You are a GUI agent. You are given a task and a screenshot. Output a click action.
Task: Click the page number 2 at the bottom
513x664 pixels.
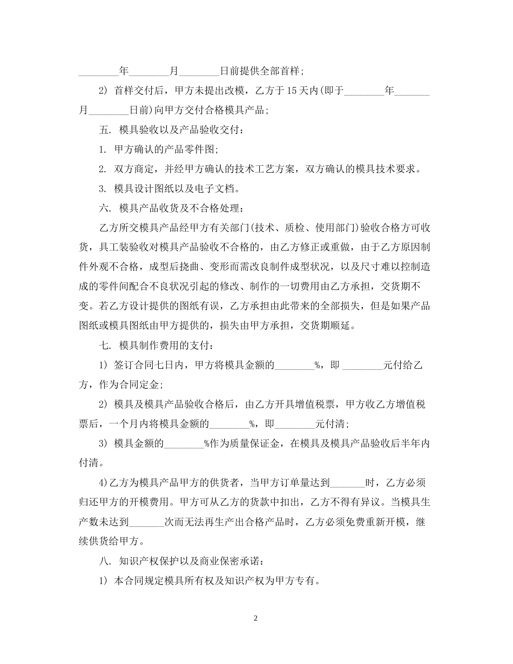point(256,618)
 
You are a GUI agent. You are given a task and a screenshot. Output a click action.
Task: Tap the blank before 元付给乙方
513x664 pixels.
point(362,364)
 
